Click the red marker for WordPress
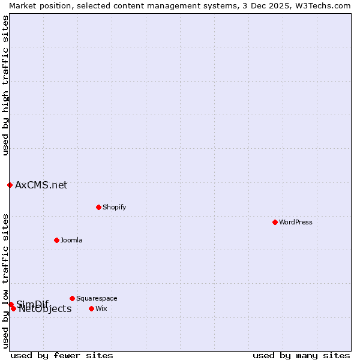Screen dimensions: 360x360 [275, 222]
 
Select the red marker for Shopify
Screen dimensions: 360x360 [98, 207]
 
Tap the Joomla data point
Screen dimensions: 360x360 [56, 240]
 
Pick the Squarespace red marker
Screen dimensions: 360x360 [72, 298]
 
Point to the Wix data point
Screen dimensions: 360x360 [91, 308]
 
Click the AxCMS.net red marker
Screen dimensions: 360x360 [10, 185]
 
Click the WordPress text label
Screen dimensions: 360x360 [296, 222]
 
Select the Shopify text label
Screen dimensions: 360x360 [114, 207]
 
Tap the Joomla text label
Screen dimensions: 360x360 [71, 240]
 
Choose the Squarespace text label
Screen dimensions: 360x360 [97, 298]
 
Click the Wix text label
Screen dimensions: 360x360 [101, 308]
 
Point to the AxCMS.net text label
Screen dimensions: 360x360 [41, 185]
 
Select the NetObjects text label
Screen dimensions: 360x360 [45, 309]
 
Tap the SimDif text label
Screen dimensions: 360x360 [32, 304]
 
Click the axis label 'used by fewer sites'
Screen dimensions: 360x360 [62, 355]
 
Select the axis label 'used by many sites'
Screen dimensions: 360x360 [301, 355]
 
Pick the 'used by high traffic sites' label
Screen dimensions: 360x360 [5, 85]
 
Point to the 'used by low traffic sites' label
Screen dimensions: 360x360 [5, 281]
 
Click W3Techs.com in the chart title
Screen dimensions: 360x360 [322, 5]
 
